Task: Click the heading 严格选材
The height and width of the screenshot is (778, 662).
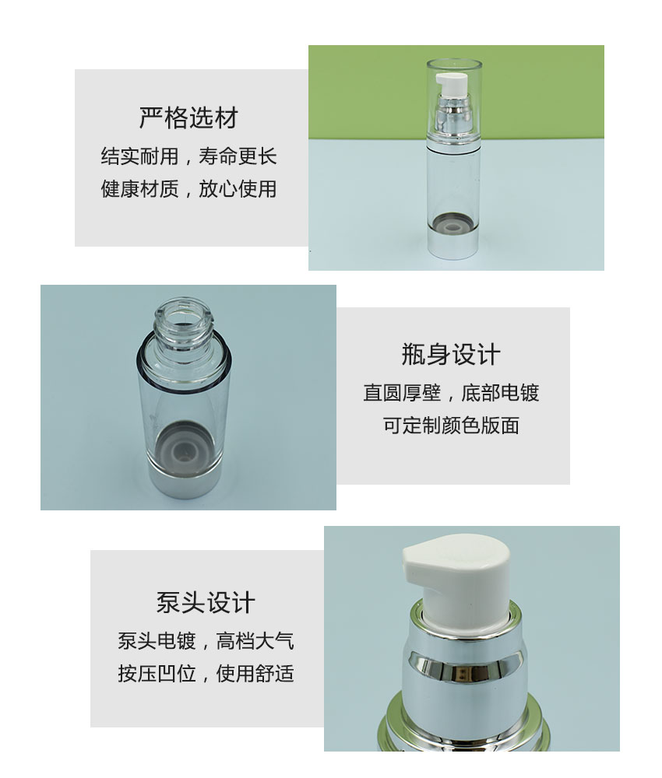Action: tap(188, 118)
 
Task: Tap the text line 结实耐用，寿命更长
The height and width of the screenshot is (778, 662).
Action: tap(188, 156)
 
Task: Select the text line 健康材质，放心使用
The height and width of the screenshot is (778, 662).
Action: tap(188, 189)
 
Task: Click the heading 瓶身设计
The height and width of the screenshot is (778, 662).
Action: tap(451, 355)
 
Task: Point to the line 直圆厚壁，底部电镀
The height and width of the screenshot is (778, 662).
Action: tap(451, 392)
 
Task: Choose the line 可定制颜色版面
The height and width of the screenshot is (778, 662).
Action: tap(451, 426)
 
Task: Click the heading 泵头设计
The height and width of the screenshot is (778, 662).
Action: tap(206, 602)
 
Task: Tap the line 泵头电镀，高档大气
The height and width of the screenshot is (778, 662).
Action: tap(206, 640)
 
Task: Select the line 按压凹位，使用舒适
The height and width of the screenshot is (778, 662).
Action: tap(206, 673)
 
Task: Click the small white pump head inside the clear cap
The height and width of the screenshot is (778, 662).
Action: tap(449, 83)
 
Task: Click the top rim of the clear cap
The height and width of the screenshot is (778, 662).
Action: tap(454, 63)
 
